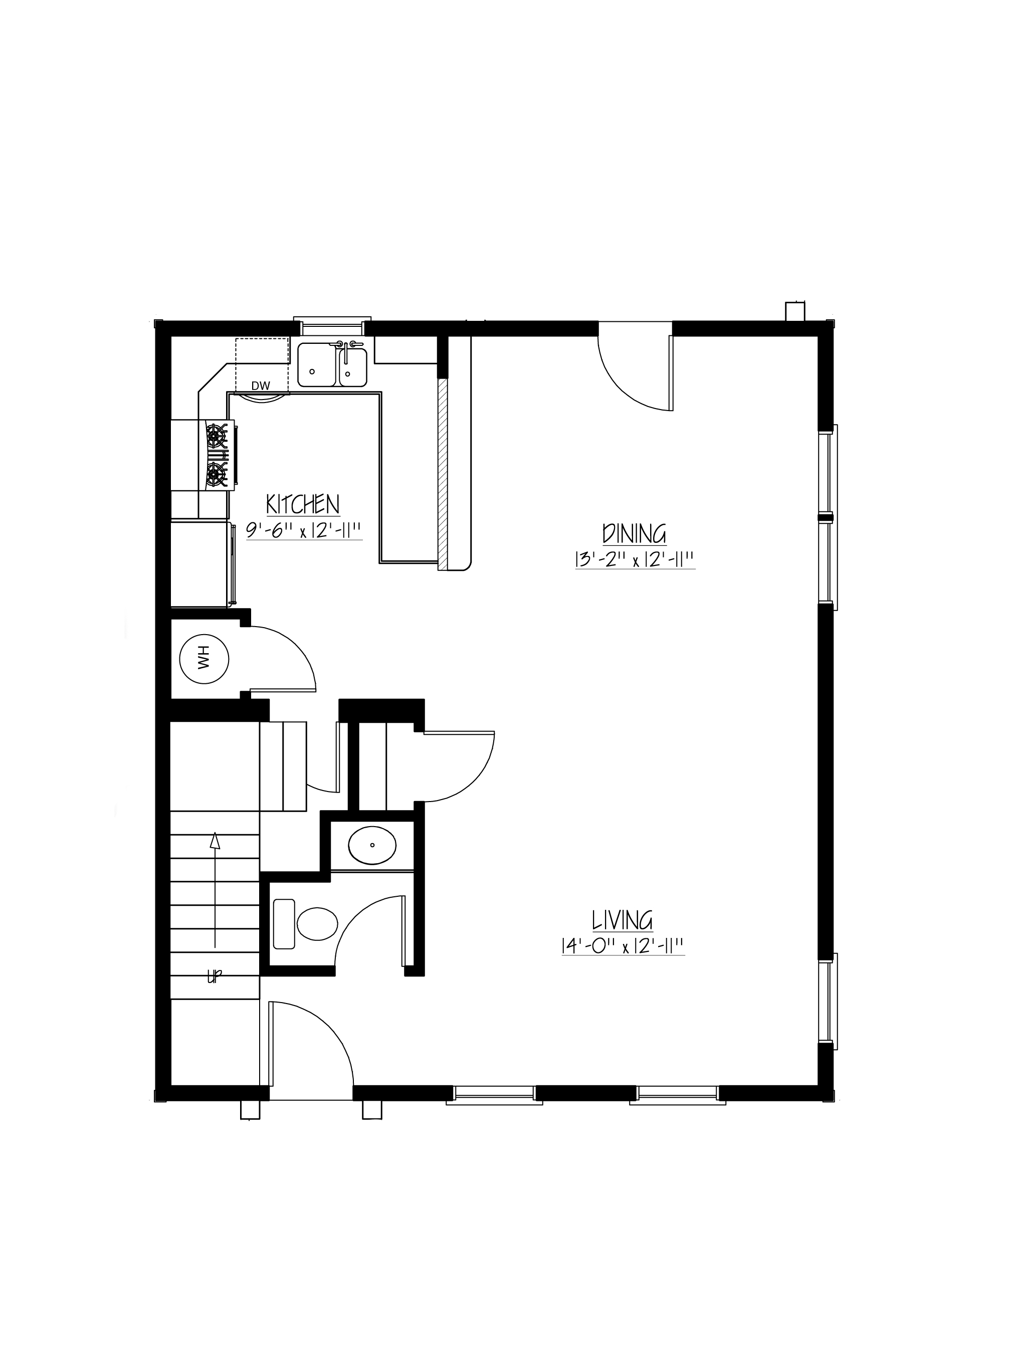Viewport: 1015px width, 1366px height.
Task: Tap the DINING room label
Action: (635, 533)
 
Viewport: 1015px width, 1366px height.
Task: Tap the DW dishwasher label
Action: (261, 386)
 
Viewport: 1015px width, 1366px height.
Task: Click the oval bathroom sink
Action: (372, 845)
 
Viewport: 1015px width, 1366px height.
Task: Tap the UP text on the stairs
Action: (215, 976)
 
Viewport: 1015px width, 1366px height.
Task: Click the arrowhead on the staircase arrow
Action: (215, 839)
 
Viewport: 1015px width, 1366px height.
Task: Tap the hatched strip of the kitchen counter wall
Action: (443, 473)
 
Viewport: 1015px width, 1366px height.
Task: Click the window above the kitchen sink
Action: (332, 326)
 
